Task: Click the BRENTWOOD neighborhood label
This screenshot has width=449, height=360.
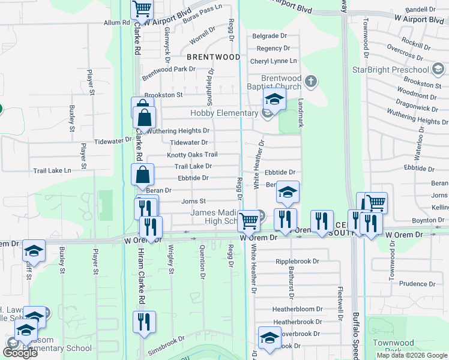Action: (213, 57)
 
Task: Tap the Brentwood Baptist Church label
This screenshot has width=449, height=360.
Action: (281, 83)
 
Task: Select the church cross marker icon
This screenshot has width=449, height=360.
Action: (310, 81)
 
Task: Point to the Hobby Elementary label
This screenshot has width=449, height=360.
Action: (224, 113)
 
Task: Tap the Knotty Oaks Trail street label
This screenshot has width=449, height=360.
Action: (192, 155)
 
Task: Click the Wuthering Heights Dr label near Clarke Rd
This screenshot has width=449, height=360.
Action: (179, 131)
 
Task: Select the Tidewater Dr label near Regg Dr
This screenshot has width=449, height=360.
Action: (188, 143)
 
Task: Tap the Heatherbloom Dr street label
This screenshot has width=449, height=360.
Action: (297, 309)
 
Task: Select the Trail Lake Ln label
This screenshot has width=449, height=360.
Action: (52, 171)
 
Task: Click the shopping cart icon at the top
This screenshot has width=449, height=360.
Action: (142, 9)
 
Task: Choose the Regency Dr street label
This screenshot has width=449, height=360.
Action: (273, 49)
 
